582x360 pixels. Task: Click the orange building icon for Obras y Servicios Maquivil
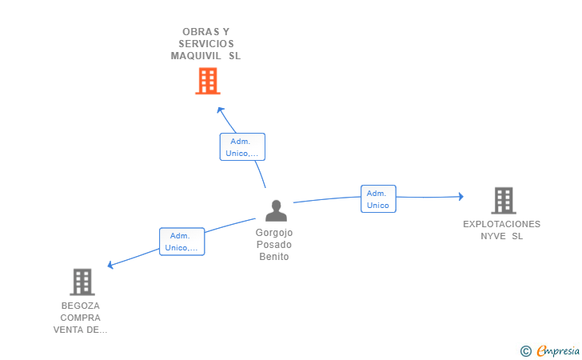coord(207,81)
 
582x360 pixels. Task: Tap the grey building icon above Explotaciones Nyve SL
coord(503,200)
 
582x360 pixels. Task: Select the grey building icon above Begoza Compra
coord(82,282)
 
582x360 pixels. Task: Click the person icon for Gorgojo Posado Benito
coord(276,210)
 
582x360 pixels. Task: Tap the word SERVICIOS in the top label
coord(206,44)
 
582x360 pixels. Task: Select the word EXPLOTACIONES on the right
coord(501,224)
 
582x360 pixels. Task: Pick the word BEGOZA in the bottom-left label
coord(80,306)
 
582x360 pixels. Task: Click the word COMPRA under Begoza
coord(80,318)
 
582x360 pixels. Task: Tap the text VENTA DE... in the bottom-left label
coord(80,330)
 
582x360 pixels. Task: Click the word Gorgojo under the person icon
coord(274,233)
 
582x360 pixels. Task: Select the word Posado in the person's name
coord(274,245)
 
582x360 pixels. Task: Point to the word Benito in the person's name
coord(274,257)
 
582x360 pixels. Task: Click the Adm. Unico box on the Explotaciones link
coord(377,199)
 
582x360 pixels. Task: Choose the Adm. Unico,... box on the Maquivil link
coord(242,147)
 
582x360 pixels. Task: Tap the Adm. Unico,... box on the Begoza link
coord(182,242)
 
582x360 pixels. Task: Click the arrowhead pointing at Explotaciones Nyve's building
coord(460,196)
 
